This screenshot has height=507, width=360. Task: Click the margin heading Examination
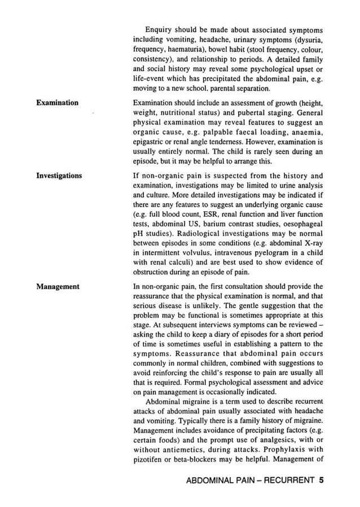tap(58, 102)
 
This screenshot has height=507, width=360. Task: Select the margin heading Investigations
tap(59, 176)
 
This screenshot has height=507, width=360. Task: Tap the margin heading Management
tap(58, 286)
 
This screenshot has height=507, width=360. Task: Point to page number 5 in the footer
tap(321, 482)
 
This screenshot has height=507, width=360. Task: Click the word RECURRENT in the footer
tap(286, 482)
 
